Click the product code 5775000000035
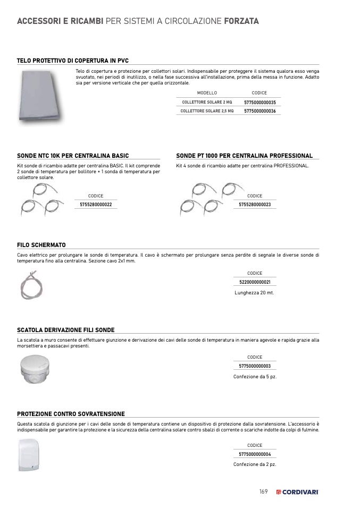260,102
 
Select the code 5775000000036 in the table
260,111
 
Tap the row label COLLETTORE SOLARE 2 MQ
207,102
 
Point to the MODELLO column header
207,93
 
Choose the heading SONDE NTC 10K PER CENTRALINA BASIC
73,156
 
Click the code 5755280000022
96,205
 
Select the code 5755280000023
255,205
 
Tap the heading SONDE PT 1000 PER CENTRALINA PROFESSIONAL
244,156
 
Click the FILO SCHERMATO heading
41,245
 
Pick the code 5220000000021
255,282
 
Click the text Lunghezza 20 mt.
255,293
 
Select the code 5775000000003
255,366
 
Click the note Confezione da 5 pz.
255,377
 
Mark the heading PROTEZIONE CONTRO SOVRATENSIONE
71,414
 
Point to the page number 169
263,491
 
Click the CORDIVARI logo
298,492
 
